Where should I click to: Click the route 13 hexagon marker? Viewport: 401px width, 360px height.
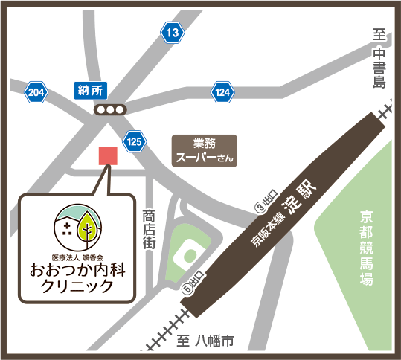pyautogui.click(x=173, y=33)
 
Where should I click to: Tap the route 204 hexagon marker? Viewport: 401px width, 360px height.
pyautogui.click(x=36, y=93)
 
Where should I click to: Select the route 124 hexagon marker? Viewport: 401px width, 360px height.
pyautogui.click(x=222, y=92)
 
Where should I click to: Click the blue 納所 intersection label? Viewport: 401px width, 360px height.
pyautogui.click(x=92, y=91)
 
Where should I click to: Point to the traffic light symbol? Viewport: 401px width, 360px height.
pyautogui.click(x=110, y=110)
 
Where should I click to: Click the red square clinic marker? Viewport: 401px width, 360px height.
pyautogui.click(x=109, y=155)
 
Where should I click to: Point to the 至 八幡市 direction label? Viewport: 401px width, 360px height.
pyautogui.click(x=206, y=341)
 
